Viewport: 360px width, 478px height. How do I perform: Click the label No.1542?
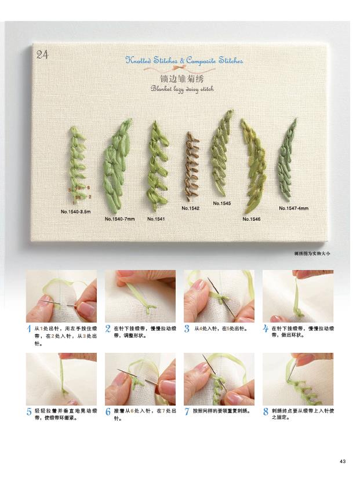(x=190, y=208)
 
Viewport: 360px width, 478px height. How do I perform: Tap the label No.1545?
(x=222, y=203)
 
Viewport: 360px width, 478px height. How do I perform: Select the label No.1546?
(x=252, y=219)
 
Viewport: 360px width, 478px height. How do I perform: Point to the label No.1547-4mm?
(x=293, y=208)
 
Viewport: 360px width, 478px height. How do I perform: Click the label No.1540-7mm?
(x=119, y=219)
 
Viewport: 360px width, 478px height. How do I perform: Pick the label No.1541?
(x=156, y=219)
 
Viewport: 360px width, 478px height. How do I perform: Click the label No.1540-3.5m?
(x=76, y=211)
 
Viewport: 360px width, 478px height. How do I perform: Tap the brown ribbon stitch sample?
(x=191, y=166)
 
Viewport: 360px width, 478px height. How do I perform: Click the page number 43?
(x=343, y=461)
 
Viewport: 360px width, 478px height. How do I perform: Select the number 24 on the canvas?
(x=42, y=55)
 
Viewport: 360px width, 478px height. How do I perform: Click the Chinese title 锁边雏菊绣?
(x=182, y=79)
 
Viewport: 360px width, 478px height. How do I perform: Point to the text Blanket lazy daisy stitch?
(x=182, y=89)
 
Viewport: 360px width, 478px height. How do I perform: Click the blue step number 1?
(x=29, y=329)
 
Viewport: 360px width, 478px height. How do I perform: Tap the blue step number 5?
(x=29, y=412)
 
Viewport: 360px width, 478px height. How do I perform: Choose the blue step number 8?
(x=266, y=411)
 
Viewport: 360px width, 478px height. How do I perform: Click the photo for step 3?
(x=219, y=296)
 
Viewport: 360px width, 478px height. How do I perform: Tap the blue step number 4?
(x=266, y=329)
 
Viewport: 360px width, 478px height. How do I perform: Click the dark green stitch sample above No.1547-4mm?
(x=287, y=159)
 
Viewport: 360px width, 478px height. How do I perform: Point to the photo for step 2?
(x=140, y=296)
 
